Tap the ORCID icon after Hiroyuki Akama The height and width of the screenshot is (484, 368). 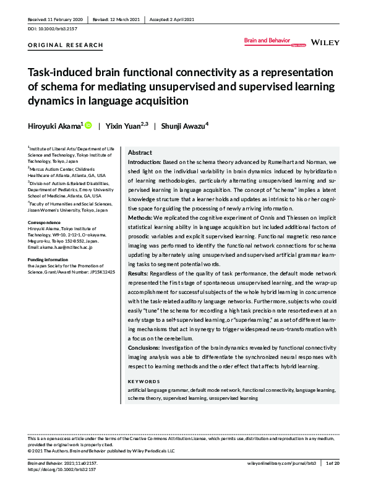pos(88,125)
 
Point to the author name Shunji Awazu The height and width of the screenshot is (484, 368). pos(184,125)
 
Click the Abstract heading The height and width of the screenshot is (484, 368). pos(140,152)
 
